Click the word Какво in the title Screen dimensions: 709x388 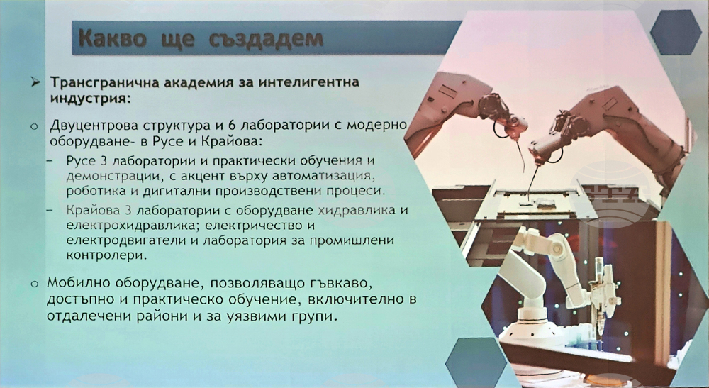point(113,38)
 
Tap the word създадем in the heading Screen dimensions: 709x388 point(267,39)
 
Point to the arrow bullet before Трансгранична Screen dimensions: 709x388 point(35,82)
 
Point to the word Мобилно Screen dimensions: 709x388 point(79,283)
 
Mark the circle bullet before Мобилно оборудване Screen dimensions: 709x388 point(34,284)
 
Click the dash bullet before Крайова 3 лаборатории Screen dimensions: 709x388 point(50,210)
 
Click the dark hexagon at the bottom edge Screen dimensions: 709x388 point(470,362)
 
